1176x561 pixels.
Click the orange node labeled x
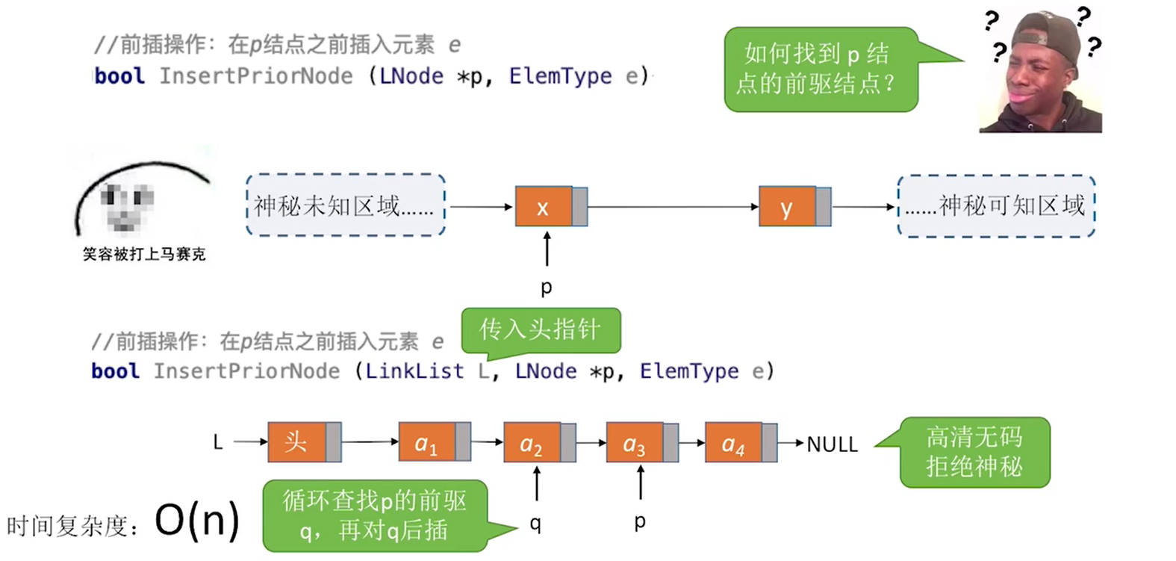coord(544,207)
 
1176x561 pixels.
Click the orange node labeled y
coord(787,207)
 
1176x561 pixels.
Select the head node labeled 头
coord(296,442)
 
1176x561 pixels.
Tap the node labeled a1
coord(426,443)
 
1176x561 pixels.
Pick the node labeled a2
coord(532,444)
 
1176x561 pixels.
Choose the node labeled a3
coord(634,444)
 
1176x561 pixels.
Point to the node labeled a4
coord(733,444)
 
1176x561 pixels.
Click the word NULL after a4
coord(832,444)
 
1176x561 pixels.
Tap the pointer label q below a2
coord(535,524)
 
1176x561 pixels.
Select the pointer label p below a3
coord(640,521)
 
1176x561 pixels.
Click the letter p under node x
coord(547,287)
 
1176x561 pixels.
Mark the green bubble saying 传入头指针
coord(541,329)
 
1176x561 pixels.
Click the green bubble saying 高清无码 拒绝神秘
coord(974,452)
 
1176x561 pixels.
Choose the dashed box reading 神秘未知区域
coord(345,205)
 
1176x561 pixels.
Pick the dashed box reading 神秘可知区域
coord(996,205)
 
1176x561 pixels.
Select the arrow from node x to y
coord(672,207)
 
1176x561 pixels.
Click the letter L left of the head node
coord(218,442)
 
